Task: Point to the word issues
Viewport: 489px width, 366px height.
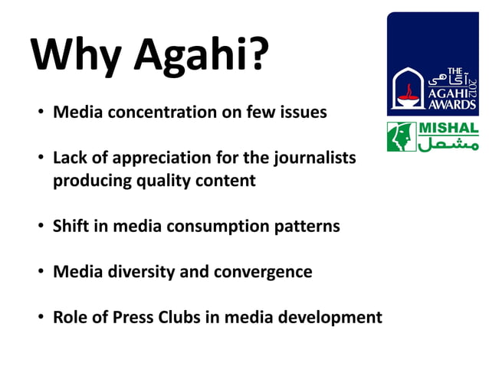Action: [x=301, y=113]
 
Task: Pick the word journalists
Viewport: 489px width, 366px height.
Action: [x=313, y=158]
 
